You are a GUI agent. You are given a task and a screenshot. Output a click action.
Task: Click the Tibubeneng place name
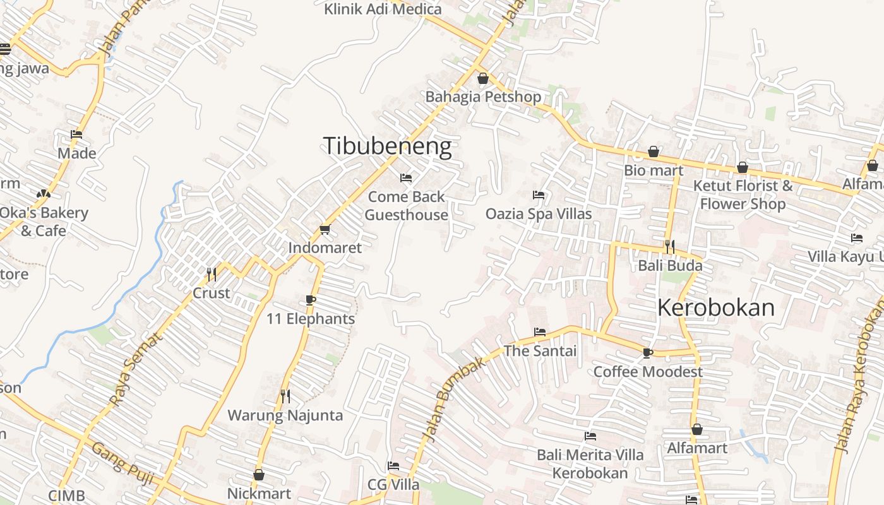coord(387,146)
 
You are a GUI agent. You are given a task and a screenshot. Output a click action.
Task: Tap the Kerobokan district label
coord(715,307)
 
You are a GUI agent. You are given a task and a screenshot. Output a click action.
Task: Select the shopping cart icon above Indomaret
coord(325,230)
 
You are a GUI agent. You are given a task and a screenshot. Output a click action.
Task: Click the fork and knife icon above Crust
coord(212,275)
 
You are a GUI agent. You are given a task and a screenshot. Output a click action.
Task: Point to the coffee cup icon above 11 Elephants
coord(310,300)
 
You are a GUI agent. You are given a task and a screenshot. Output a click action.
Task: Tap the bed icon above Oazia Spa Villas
coord(539,195)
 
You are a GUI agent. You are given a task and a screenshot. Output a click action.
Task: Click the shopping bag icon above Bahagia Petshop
coord(483,78)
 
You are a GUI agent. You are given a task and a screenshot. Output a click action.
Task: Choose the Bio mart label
coord(654,170)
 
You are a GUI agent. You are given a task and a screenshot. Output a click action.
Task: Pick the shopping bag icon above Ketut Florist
coord(743,167)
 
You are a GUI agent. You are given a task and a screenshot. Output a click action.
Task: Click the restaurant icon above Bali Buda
coord(670,246)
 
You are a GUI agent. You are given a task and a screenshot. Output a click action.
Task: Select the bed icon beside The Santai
coord(540,331)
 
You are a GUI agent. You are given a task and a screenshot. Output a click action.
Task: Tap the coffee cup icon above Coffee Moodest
coord(647,353)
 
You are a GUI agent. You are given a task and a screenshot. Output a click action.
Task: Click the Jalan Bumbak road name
coord(453,399)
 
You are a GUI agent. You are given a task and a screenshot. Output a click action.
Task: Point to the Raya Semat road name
coord(136,369)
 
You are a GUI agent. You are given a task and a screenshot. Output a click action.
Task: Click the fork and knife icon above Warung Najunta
coord(285,396)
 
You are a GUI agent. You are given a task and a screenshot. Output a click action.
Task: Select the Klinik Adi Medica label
coord(383,9)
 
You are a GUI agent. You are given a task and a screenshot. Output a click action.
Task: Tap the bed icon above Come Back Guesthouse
coord(406,178)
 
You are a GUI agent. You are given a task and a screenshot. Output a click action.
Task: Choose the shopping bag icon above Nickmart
coord(259,475)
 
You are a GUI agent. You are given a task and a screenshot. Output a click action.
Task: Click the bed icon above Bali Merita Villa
coord(590,436)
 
